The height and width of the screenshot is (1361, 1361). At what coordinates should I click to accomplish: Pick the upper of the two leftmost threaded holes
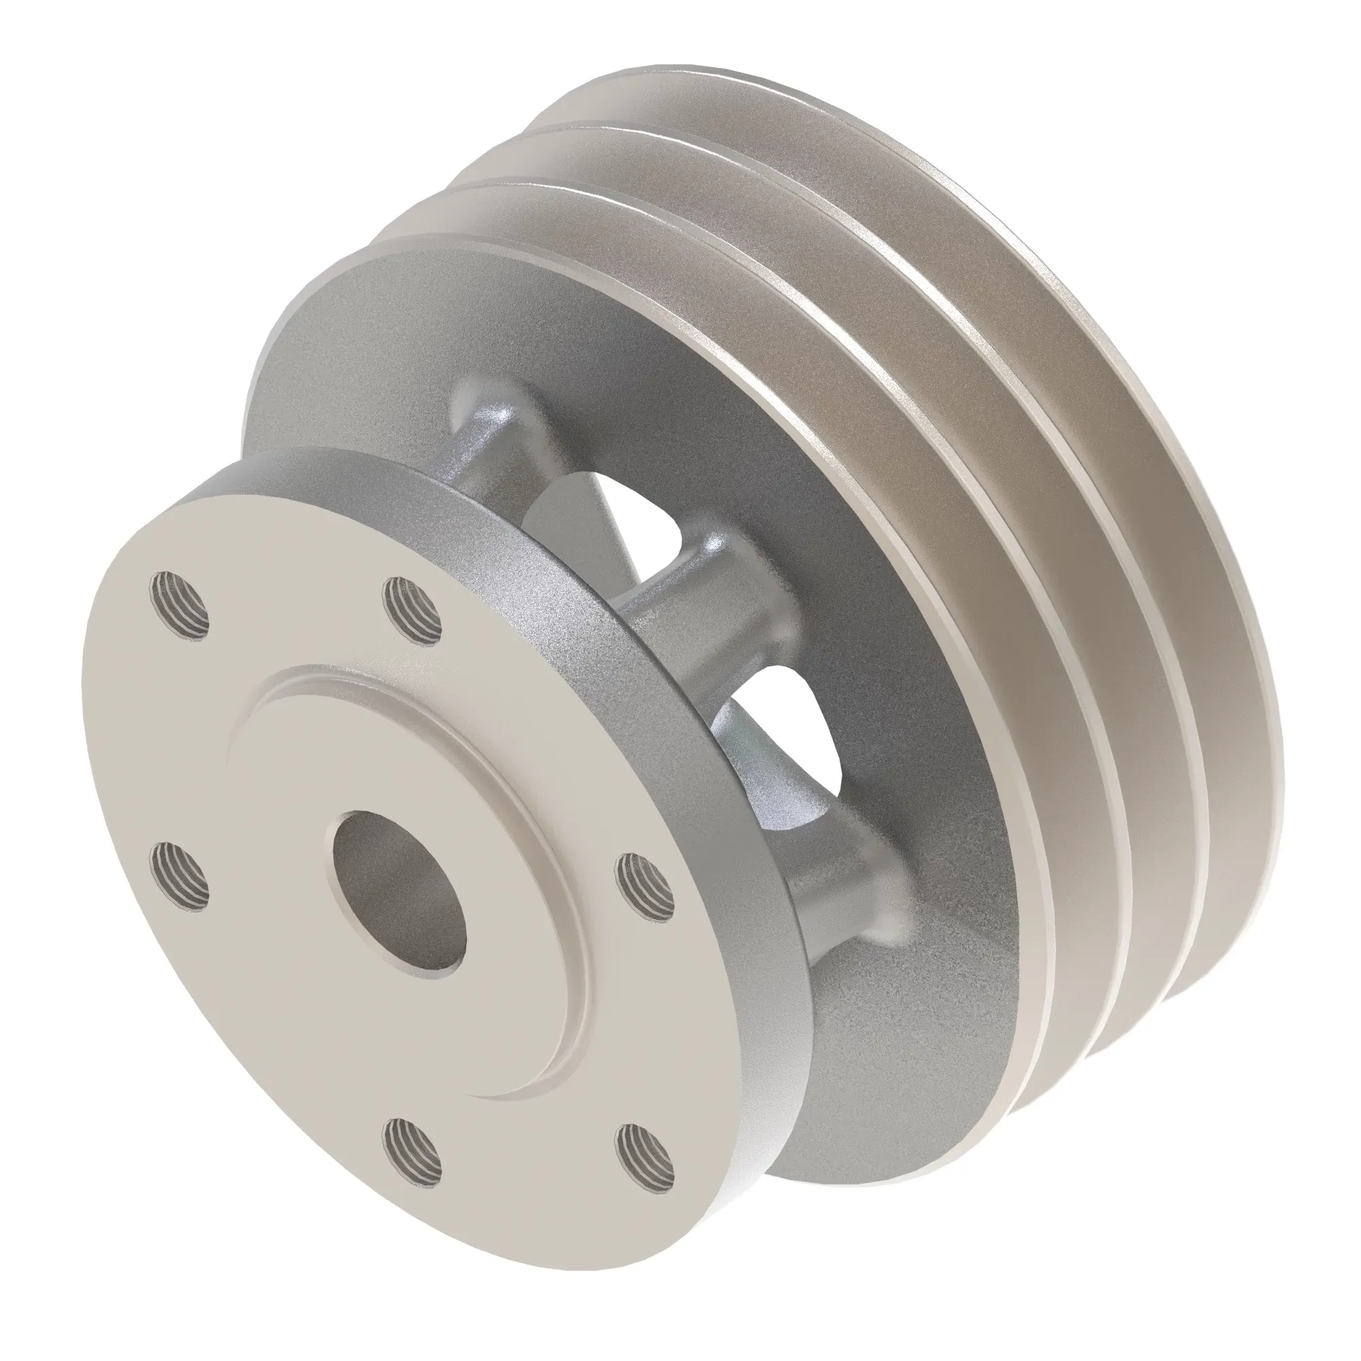point(180,606)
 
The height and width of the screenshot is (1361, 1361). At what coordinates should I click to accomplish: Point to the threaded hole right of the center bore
point(645,885)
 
